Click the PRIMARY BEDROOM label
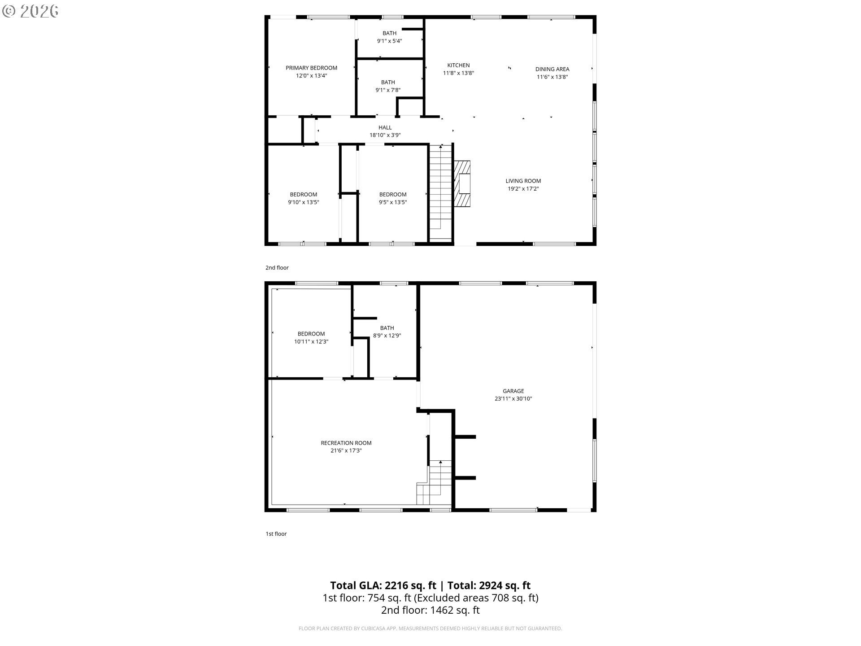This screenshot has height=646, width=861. coord(311,68)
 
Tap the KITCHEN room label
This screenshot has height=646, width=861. coord(458,65)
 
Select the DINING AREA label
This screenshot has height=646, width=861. coord(552,69)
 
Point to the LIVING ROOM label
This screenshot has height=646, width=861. coord(523,181)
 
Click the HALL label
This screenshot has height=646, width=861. coord(385,128)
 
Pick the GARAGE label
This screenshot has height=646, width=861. coord(513,391)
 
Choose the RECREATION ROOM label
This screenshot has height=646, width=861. coord(346,443)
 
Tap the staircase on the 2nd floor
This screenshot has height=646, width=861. coord(440,193)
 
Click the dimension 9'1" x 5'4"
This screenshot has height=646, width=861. coord(389,41)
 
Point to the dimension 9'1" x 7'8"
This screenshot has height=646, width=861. coord(388,90)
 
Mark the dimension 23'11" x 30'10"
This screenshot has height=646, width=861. coord(513,399)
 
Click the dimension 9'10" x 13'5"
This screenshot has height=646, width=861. coord(303,202)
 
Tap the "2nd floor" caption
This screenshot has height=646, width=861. coord(277,268)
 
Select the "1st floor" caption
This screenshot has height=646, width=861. coord(276,534)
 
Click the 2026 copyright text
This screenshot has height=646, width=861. coord(38,11)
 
